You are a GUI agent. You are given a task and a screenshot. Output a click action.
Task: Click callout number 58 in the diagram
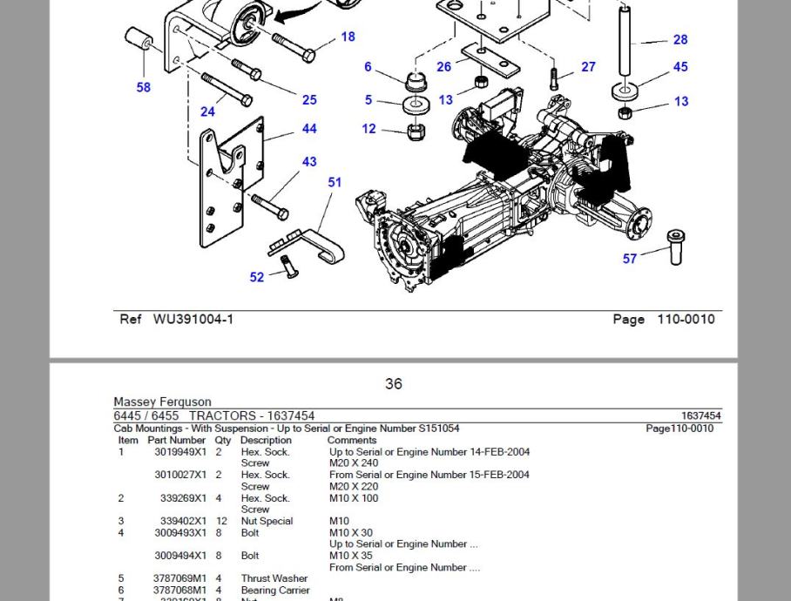point(143,87)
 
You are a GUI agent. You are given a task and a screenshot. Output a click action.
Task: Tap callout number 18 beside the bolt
point(348,37)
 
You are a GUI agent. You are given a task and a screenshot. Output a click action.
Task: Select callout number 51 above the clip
point(335,182)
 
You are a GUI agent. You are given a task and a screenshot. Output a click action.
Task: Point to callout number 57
point(629,259)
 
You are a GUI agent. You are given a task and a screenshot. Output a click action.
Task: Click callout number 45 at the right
point(680,66)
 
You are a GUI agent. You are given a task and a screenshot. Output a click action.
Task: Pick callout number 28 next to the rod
point(680,39)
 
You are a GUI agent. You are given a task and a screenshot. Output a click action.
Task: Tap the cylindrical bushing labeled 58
point(139,42)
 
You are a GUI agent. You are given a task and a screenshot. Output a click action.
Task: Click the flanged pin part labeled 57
point(676,246)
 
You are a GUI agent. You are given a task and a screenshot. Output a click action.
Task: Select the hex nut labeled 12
point(416,132)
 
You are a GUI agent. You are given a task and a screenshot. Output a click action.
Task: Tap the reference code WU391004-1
point(193,319)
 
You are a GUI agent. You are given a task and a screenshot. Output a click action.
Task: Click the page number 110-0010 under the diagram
point(686,319)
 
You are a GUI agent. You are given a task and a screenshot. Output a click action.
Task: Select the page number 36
point(394,383)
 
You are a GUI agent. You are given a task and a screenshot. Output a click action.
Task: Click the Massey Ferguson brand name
point(162,402)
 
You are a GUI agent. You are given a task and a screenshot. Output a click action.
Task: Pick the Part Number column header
point(177,440)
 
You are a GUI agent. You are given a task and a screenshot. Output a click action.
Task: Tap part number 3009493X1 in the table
point(180,532)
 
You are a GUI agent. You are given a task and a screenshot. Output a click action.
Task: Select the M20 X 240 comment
point(354,463)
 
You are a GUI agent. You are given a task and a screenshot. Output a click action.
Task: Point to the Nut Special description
point(267,521)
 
